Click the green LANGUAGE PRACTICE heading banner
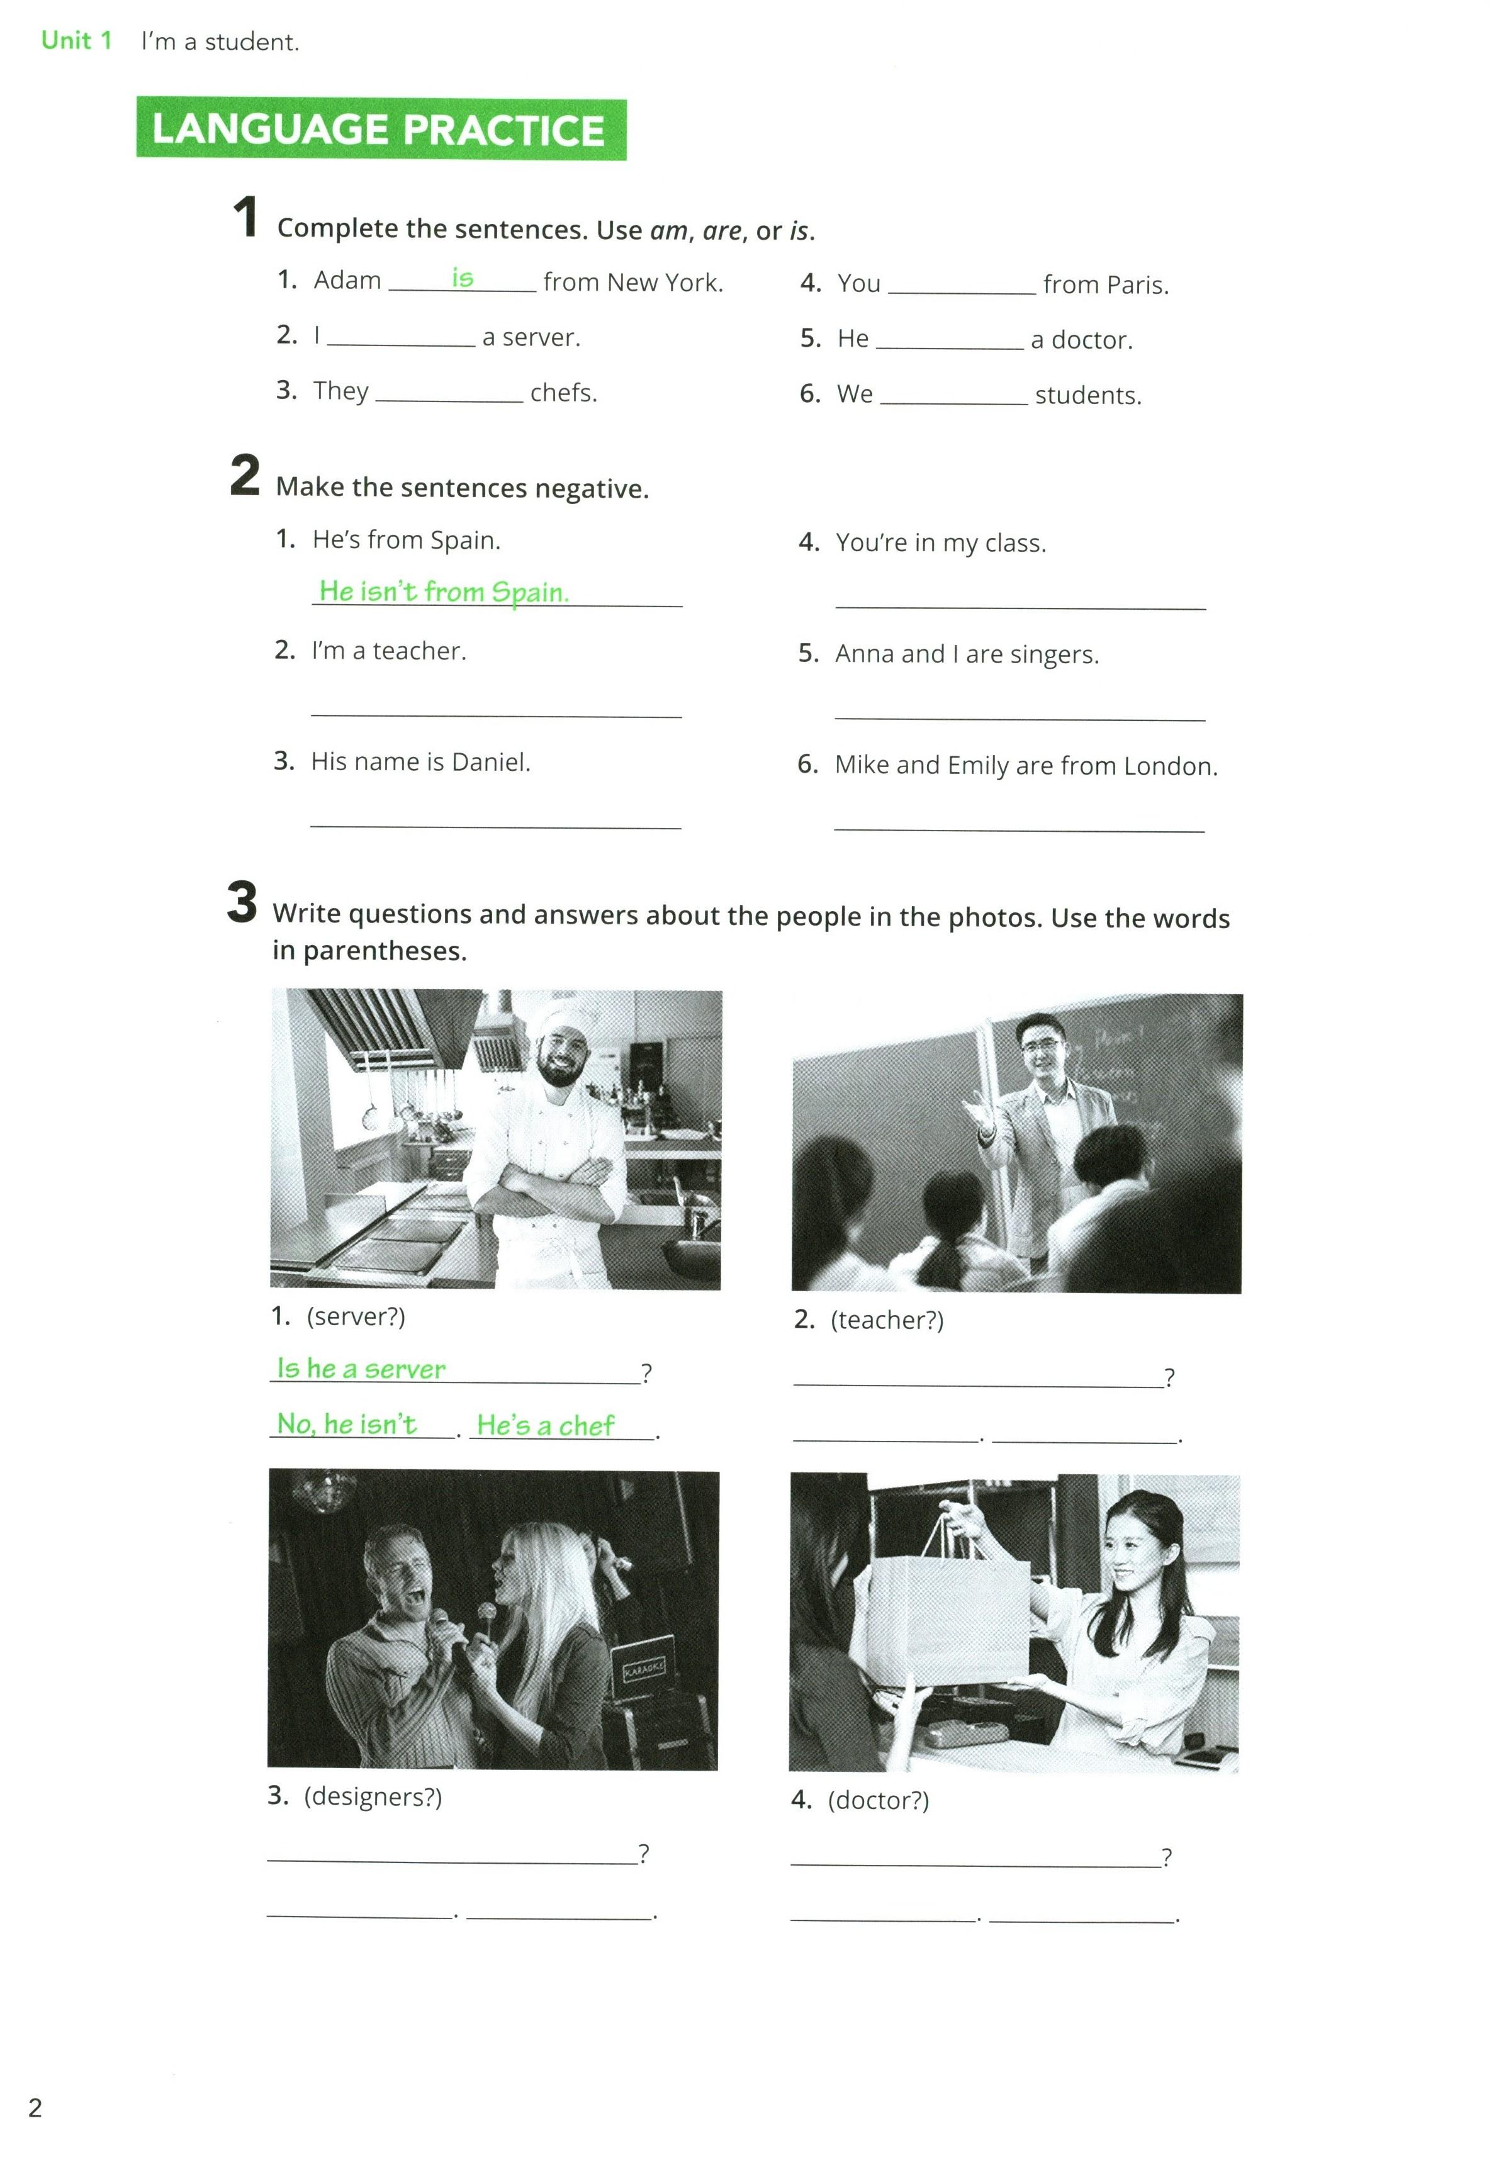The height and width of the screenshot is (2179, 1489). point(381,130)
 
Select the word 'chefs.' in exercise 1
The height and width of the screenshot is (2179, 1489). point(563,392)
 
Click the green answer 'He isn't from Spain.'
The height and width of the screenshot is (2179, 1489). point(444,591)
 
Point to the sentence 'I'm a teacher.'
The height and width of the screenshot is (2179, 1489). point(388,651)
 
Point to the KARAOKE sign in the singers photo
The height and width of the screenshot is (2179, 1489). point(644,1664)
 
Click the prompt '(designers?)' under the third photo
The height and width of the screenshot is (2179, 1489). point(373,1796)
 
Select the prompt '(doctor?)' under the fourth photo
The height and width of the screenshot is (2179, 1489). point(878,1800)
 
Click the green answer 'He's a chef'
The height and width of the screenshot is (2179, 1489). point(545,1425)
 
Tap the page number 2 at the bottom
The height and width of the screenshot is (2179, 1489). point(35,2108)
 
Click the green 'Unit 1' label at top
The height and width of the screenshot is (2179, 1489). point(76,40)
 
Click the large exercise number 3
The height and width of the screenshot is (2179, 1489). point(241,901)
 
